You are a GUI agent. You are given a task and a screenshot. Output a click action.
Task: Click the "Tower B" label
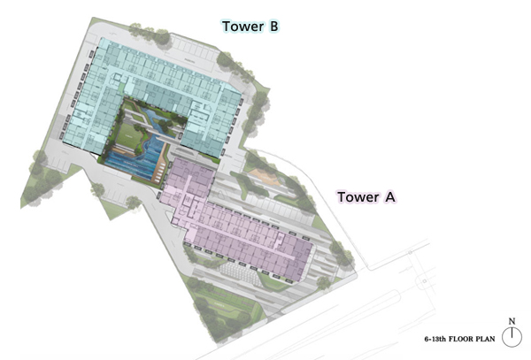(x=250, y=27)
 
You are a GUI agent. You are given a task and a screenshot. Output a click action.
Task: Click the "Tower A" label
(x=366, y=197)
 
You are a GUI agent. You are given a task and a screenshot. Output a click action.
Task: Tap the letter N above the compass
(x=512, y=321)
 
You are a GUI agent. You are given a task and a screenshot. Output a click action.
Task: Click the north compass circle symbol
(x=512, y=337)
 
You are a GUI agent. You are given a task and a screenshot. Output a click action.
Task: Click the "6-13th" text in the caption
(x=435, y=339)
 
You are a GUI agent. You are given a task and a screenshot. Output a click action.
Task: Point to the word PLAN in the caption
(x=486, y=339)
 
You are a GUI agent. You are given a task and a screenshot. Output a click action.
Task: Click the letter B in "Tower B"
(x=273, y=27)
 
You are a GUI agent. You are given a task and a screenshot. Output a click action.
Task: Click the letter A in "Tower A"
(x=390, y=197)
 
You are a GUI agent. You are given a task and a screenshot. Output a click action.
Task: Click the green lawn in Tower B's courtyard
(x=128, y=136)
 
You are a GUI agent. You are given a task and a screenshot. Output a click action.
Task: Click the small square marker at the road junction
(x=425, y=281)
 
